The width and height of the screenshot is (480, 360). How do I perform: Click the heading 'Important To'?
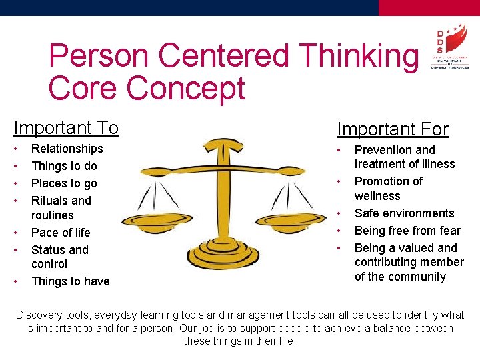(x=66, y=127)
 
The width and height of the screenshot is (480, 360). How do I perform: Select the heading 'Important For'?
(x=392, y=129)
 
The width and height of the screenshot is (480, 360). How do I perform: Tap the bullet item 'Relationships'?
(x=67, y=149)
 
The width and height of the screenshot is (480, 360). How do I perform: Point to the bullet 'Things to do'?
(x=64, y=166)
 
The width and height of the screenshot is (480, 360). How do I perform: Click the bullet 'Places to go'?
(x=64, y=183)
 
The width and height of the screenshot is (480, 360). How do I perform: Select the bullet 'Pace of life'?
(x=61, y=233)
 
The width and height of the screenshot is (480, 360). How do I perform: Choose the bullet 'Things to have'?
(x=70, y=281)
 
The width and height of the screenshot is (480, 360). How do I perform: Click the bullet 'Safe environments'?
(x=404, y=213)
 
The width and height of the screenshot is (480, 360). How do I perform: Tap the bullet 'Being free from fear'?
(x=407, y=231)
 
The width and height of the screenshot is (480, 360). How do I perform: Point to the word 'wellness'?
(x=377, y=196)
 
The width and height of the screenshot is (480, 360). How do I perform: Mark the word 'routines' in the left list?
(x=53, y=215)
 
